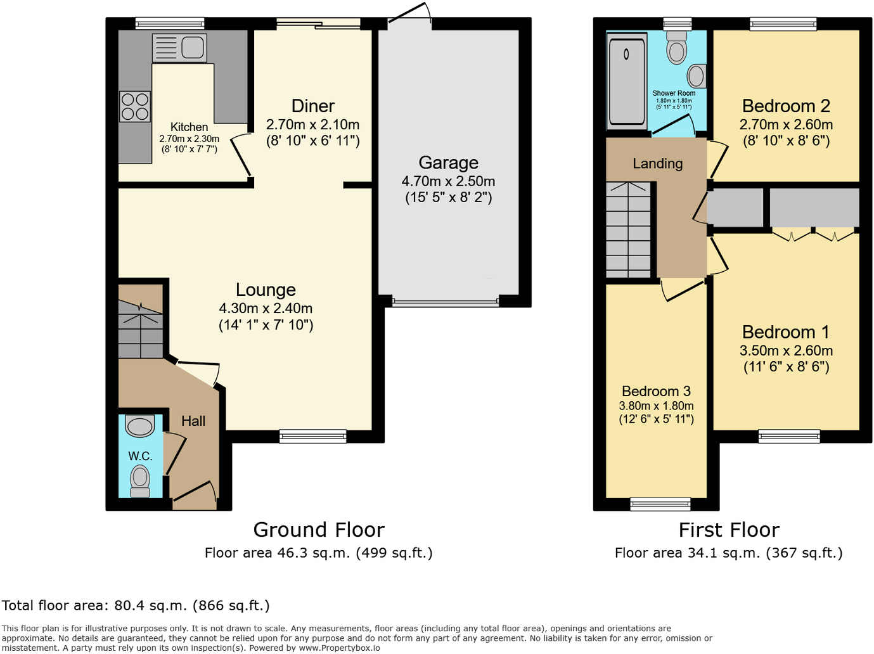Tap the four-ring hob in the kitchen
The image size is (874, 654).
pyautogui.click(x=135, y=106)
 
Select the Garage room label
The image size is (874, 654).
pyautogui.click(x=448, y=163)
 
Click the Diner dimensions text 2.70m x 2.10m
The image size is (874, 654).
pyautogui.click(x=312, y=125)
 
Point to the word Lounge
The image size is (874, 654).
pyautogui.click(x=266, y=290)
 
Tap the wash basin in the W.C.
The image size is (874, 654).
pyautogui.click(x=140, y=426)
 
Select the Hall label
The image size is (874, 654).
pyautogui.click(x=193, y=421)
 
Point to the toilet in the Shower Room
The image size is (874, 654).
pyautogui.click(x=677, y=48)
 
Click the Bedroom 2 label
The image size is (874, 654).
pyautogui.click(x=786, y=106)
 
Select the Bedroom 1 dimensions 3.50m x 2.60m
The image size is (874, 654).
pyautogui.click(x=786, y=350)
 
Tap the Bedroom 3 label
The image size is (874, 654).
pyautogui.click(x=656, y=391)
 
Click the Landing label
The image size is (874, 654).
pyautogui.click(x=657, y=163)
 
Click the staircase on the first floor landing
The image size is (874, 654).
pyautogui.click(x=628, y=229)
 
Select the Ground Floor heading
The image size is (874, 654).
pyautogui.click(x=319, y=530)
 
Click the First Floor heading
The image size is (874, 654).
pyautogui.click(x=729, y=530)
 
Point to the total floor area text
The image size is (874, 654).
pyautogui.click(x=136, y=605)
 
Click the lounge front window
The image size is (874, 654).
pyautogui.click(x=313, y=436)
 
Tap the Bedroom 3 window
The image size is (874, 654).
pyautogui.click(x=660, y=504)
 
